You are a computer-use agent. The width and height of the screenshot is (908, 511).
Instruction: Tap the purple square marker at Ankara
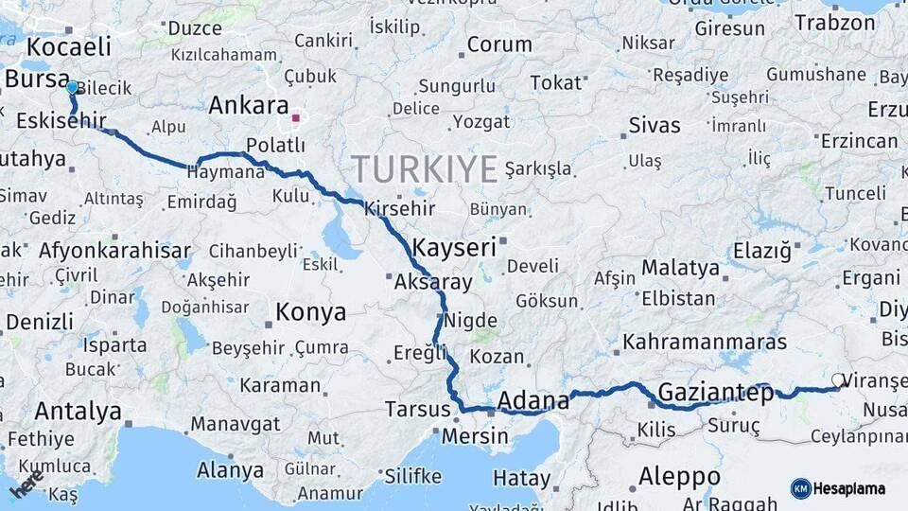pyautogui.click(x=295, y=119)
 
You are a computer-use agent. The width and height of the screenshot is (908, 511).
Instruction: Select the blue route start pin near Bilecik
pyautogui.click(x=72, y=88)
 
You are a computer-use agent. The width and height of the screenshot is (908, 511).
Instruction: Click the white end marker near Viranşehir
pyautogui.click(x=838, y=381)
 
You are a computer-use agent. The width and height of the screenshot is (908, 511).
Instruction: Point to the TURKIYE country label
pyautogui.click(x=425, y=169)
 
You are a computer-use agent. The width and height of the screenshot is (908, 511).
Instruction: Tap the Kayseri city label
pyautogui.click(x=456, y=248)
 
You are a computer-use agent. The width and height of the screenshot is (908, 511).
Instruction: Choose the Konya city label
pyautogui.click(x=310, y=312)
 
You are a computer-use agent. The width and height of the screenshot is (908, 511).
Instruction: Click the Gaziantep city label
pyautogui.click(x=715, y=392)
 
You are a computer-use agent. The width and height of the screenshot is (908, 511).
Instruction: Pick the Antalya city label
pyautogui.click(x=78, y=412)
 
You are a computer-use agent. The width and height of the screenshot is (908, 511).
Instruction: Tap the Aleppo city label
pyautogui.click(x=678, y=476)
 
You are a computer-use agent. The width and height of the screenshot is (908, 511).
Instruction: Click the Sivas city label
pyautogui.click(x=655, y=125)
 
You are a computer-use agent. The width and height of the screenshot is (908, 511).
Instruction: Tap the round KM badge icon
pyautogui.click(x=801, y=488)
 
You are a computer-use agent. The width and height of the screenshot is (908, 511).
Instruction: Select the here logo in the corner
pyautogui.click(x=26, y=485)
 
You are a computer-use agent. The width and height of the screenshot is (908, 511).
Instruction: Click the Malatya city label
pyautogui.click(x=680, y=268)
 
